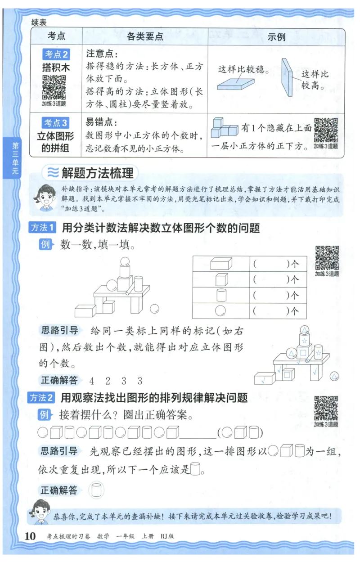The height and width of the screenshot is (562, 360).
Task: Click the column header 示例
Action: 276,36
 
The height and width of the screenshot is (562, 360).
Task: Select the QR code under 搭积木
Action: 54,87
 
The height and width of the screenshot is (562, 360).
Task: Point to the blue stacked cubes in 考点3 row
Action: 224,127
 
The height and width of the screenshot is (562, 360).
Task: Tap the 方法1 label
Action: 42,227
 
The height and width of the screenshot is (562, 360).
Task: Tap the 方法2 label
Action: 41,397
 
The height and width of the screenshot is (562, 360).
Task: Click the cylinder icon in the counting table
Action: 220,295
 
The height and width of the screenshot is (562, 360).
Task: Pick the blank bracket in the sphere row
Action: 270,310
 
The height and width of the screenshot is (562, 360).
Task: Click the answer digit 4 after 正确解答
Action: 92,381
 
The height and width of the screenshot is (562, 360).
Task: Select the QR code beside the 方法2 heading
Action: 326,408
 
